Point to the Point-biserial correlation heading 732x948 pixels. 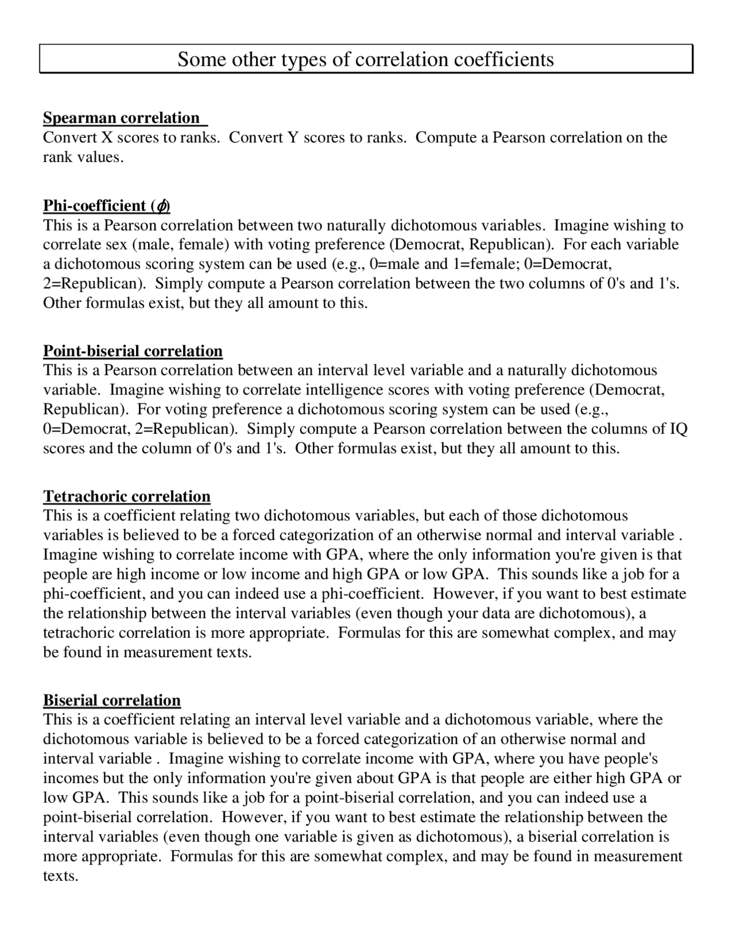point(133,351)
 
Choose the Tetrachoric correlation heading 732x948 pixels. point(127,496)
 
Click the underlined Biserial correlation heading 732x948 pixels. point(112,700)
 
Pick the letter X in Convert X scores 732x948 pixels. point(107,137)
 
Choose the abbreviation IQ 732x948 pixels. point(678,429)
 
